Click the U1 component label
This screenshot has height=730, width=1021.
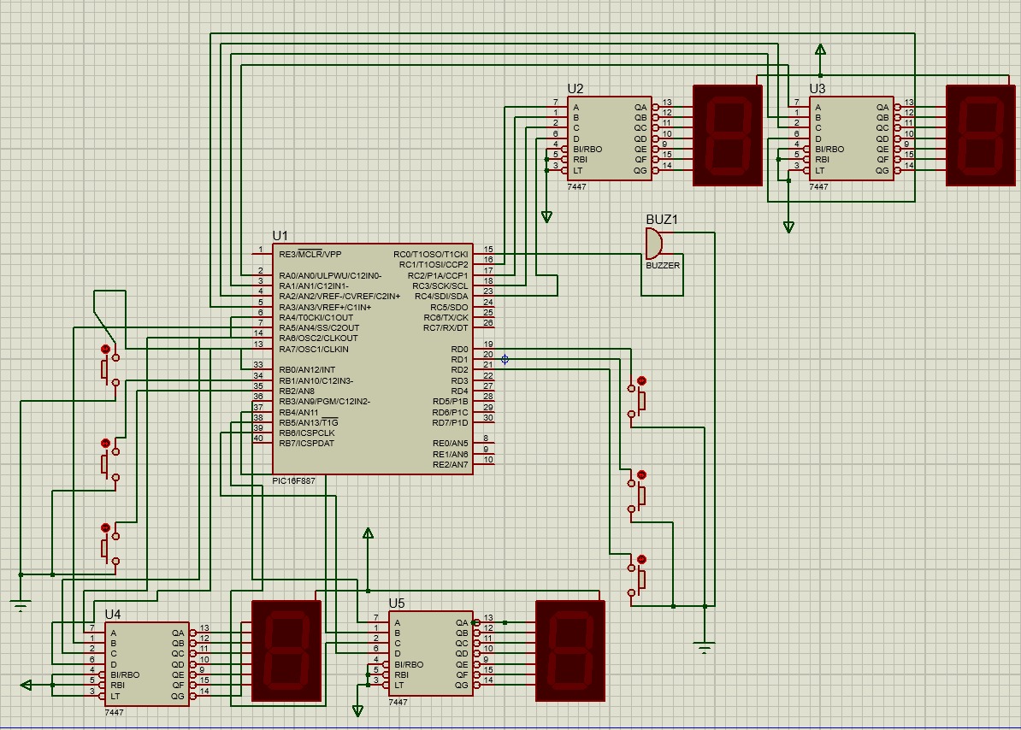pos(280,236)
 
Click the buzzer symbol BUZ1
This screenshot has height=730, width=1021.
pos(652,244)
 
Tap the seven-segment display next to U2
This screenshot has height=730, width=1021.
pos(727,135)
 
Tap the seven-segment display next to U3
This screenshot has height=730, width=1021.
pos(982,135)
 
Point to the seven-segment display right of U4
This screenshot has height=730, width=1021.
pos(286,651)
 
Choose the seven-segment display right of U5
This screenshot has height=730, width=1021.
pos(570,651)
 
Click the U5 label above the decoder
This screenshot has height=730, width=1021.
pos(398,603)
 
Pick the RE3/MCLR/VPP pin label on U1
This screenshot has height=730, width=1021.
pos(310,254)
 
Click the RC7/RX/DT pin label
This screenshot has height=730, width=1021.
pos(446,328)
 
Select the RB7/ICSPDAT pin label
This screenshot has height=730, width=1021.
pos(306,443)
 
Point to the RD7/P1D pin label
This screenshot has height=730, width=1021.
pos(450,422)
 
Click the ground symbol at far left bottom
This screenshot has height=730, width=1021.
pos(21,604)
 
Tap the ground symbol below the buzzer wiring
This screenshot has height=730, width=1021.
pos(705,648)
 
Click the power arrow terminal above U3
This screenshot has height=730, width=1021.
pos(820,50)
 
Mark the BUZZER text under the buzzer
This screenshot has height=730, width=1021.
pos(663,266)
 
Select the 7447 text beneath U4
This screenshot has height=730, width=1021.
pos(114,711)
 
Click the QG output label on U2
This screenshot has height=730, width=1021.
pos(640,170)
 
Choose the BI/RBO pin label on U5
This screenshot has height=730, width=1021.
pos(409,664)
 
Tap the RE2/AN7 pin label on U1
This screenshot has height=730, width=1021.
pos(451,464)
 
